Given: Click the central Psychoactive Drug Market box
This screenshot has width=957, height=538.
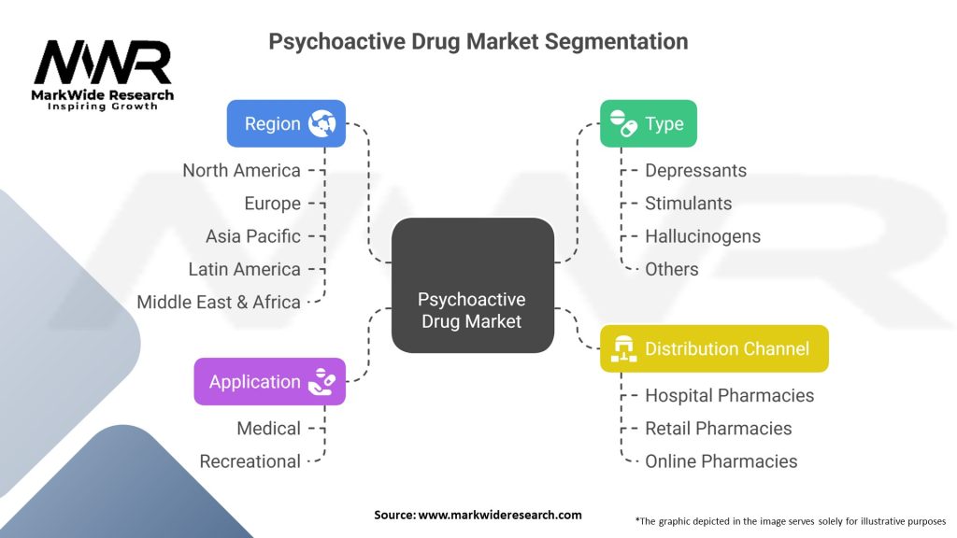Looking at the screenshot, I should tap(472, 285).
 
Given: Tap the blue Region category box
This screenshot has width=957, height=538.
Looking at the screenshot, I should tap(286, 123).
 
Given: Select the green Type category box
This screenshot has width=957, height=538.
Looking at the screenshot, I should tap(648, 123).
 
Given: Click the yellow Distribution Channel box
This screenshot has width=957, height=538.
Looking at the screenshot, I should tap(714, 348).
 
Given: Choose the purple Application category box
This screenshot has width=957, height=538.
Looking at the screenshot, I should tap(269, 381).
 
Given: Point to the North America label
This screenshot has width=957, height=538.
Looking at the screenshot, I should tap(241, 170).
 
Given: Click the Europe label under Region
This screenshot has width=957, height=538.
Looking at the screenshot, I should tap(272, 203).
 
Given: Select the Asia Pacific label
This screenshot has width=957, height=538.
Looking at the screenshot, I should tap(252, 235).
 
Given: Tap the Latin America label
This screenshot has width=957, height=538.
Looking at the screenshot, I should tap(244, 269).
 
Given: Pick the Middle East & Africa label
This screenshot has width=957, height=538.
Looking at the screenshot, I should tap(219, 302).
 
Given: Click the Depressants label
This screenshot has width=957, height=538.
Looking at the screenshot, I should tap(695, 170).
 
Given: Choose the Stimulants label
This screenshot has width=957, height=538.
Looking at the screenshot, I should tap(688, 203).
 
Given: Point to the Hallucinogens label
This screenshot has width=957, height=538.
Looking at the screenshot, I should tap(703, 235).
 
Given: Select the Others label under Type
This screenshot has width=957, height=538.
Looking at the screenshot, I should tap(671, 269).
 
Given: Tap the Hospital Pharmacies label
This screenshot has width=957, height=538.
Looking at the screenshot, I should tap(729, 395).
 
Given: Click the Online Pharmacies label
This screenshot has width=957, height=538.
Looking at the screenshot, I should tap(721, 460).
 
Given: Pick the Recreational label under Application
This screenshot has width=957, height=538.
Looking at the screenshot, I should tap(250, 460).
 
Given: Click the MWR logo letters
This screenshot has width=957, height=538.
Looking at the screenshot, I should tap(103, 64).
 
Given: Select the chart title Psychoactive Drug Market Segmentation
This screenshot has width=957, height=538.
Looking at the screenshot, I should tap(478, 41).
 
